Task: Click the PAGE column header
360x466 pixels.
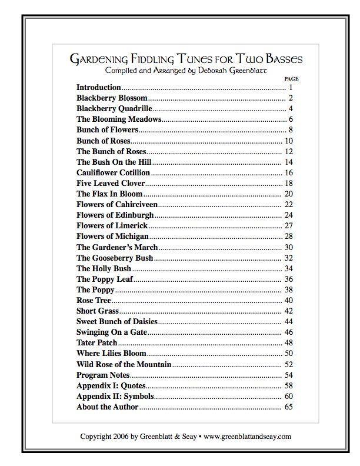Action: pos(291,78)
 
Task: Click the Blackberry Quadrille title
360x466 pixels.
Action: pos(114,109)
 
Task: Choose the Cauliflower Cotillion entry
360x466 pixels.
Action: pos(113,173)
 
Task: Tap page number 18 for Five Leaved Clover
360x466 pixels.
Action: pos(288,184)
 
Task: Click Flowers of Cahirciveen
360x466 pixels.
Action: pos(117,205)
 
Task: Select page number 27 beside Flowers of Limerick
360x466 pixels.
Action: pos(288,226)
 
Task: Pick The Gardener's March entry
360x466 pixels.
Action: pos(117,248)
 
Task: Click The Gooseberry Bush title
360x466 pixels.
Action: pos(115,258)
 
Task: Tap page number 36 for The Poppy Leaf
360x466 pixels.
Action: pos(288,279)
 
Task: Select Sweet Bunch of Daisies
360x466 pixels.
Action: pos(117,322)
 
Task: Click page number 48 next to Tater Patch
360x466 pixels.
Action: pos(288,343)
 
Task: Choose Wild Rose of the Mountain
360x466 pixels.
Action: pos(124,365)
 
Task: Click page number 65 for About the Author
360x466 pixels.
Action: pos(288,407)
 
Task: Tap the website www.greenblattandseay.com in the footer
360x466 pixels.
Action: pos(248,437)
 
